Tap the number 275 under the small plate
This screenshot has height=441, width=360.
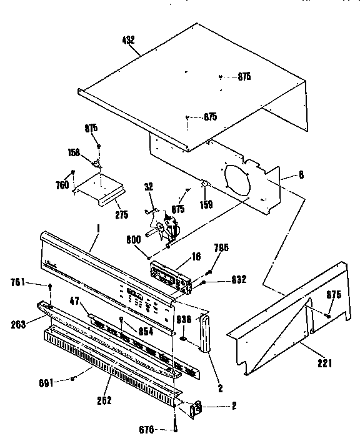click(122, 214)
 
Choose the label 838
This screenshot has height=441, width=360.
click(183, 318)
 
